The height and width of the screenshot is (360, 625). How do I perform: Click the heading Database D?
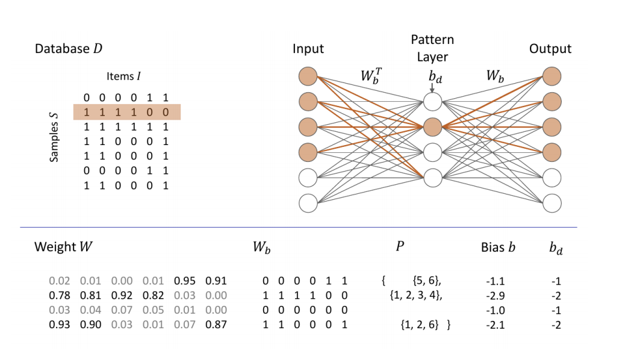coord(69,49)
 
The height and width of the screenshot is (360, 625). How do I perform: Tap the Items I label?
coord(123,76)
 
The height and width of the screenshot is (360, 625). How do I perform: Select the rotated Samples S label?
coord(54,137)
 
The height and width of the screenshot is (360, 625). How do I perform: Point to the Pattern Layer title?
coord(432,48)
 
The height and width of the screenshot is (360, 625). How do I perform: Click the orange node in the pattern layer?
coord(432,127)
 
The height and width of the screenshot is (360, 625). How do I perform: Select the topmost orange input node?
coord(308,76)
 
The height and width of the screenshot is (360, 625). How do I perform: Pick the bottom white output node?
coord(552,203)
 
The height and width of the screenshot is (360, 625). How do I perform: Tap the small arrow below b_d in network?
coord(432,88)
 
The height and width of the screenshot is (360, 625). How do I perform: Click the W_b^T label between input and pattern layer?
coord(371,76)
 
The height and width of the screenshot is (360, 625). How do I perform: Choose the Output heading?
coord(550,49)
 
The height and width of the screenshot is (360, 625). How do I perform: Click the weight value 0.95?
coord(185,281)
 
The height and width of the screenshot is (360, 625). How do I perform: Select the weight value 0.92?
coord(122,296)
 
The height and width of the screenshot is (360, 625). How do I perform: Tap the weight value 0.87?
coord(216,324)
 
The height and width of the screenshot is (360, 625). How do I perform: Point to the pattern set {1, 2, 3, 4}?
coord(416,296)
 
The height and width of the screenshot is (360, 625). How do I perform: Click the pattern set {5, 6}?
coord(427,281)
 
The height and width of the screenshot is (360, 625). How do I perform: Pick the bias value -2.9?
coord(496,296)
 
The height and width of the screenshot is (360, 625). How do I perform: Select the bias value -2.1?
coord(496,325)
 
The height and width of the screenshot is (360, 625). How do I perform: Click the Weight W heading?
coord(63,247)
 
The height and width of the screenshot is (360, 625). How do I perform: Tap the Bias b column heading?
coord(498,247)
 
